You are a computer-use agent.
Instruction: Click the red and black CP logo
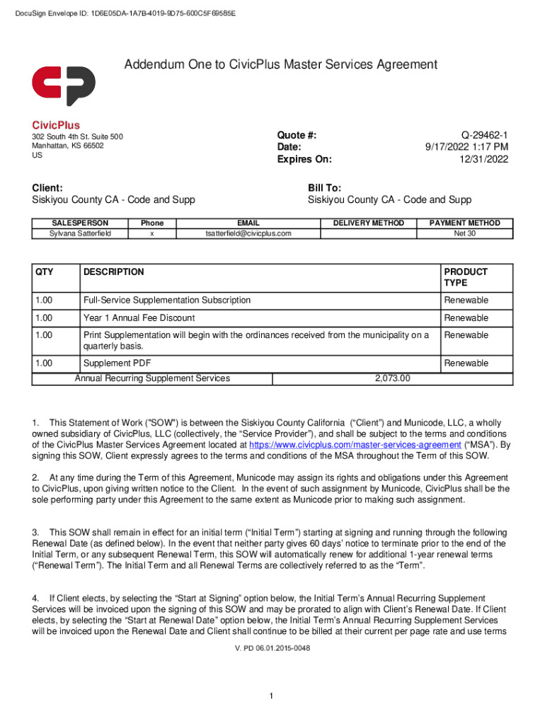64,86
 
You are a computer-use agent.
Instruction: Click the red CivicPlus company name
56,124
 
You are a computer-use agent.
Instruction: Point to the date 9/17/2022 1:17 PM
466,147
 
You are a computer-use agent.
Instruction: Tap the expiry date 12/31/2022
484,159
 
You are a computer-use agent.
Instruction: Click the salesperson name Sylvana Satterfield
80,233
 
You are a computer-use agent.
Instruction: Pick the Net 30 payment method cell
464,233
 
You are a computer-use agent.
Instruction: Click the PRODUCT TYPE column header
465,276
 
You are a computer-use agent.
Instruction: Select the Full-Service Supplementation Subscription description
167,300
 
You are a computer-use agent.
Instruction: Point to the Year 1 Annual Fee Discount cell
139,318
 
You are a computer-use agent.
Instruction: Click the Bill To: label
324,188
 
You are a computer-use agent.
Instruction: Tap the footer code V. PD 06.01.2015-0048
272,648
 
